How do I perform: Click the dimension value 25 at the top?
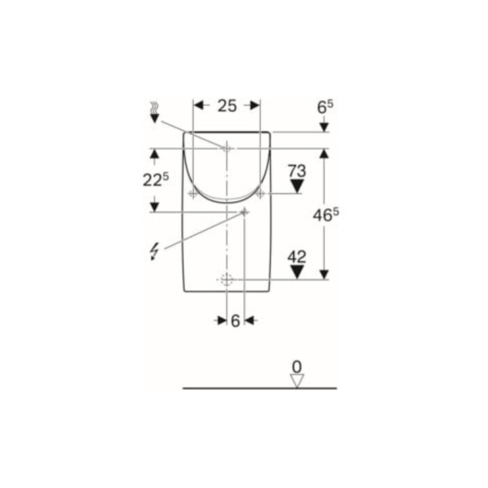click(227, 106)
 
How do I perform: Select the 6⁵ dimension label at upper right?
click(325, 107)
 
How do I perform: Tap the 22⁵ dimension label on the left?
click(156, 180)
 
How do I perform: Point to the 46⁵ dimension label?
click(326, 215)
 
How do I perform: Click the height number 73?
click(297, 171)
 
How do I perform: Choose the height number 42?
click(297, 257)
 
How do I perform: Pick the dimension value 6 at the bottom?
click(236, 321)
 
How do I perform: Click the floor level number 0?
click(297, 367)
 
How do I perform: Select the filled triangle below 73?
click(297, 186)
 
